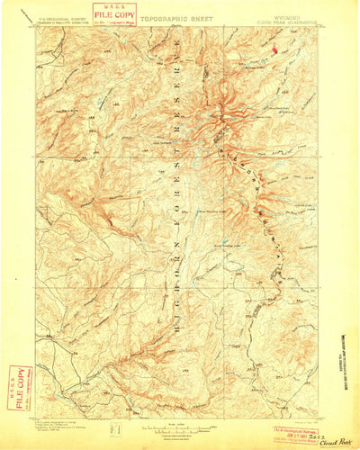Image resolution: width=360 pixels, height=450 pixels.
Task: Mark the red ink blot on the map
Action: click(274, 49)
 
